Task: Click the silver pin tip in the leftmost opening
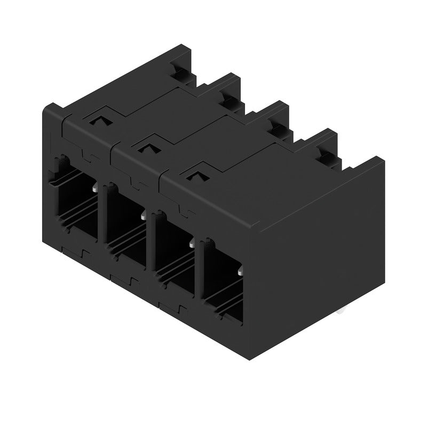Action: [x=94, y=188]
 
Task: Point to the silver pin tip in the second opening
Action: [x=143, y=216]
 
